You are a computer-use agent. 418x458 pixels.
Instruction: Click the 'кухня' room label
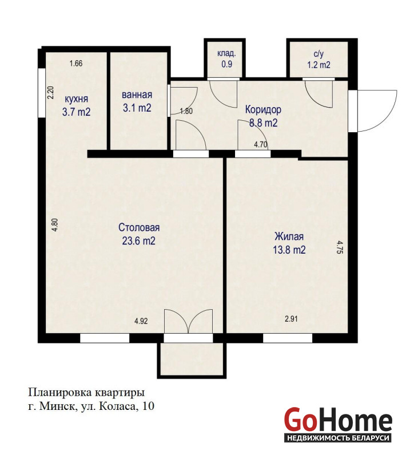pyautogui.click(x=76, y=98)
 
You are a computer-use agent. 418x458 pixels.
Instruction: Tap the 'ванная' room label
pyautogui.click(x=137, y=94)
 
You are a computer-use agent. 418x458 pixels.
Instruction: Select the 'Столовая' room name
pyautogui.click(x=139, y=227)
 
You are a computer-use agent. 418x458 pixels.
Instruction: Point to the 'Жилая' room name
pyautogui.click(x=289, y=236)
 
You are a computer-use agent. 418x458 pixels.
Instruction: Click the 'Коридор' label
pyautogui.click(x=263, y=109)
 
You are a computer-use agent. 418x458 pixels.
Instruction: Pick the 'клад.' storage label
pyautogui.click(x=226, y=54)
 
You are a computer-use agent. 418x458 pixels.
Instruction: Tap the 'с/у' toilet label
pyautogui.click(x=319, y=54)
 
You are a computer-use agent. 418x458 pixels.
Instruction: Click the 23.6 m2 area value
pyautogui.click(x=138, y=241)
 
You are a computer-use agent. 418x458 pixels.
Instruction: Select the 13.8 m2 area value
pyautogui.click(x=289, y=250)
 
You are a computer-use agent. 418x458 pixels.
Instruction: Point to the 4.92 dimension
pyautogui.click(x=141, y=321)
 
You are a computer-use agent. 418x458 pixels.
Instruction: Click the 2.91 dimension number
pyautogui.click(x=291, y=319)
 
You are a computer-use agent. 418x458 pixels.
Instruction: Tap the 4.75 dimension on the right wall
pyautogui.click(x=339, y=247)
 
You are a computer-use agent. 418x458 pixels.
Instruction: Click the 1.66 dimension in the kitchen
pyautogui.click(x=76, y=63)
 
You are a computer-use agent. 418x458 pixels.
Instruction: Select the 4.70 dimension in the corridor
pyautogui.click(x=261, y=145)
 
